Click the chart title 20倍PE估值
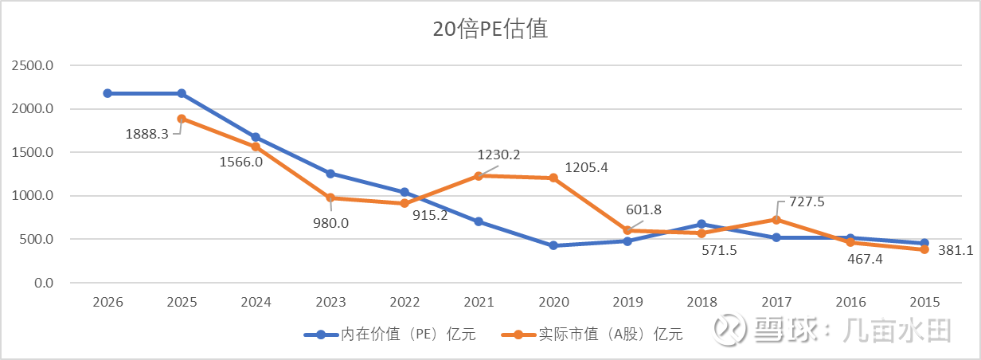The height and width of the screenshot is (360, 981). click(490, 29)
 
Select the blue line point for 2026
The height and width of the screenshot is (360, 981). click(107, 93)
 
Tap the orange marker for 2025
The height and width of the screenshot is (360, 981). click(182, 119)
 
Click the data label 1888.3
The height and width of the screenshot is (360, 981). click(147, 134)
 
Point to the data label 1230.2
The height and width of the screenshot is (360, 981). click(498, 155)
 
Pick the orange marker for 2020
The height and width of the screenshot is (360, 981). click(553, 178)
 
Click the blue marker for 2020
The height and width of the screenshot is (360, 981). click(553, 245)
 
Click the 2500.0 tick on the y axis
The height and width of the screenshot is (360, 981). click(33, 65)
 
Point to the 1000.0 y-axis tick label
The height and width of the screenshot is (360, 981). click(33, 196)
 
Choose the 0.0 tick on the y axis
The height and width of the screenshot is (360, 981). click(40, 283)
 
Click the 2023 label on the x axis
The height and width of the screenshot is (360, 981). click(330, 303)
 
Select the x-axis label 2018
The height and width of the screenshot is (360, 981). click(702, 303)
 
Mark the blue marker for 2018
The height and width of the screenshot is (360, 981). click(702, 225)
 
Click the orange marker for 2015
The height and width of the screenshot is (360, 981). click(924, 249)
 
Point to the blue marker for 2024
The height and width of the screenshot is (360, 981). click(256, 137)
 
